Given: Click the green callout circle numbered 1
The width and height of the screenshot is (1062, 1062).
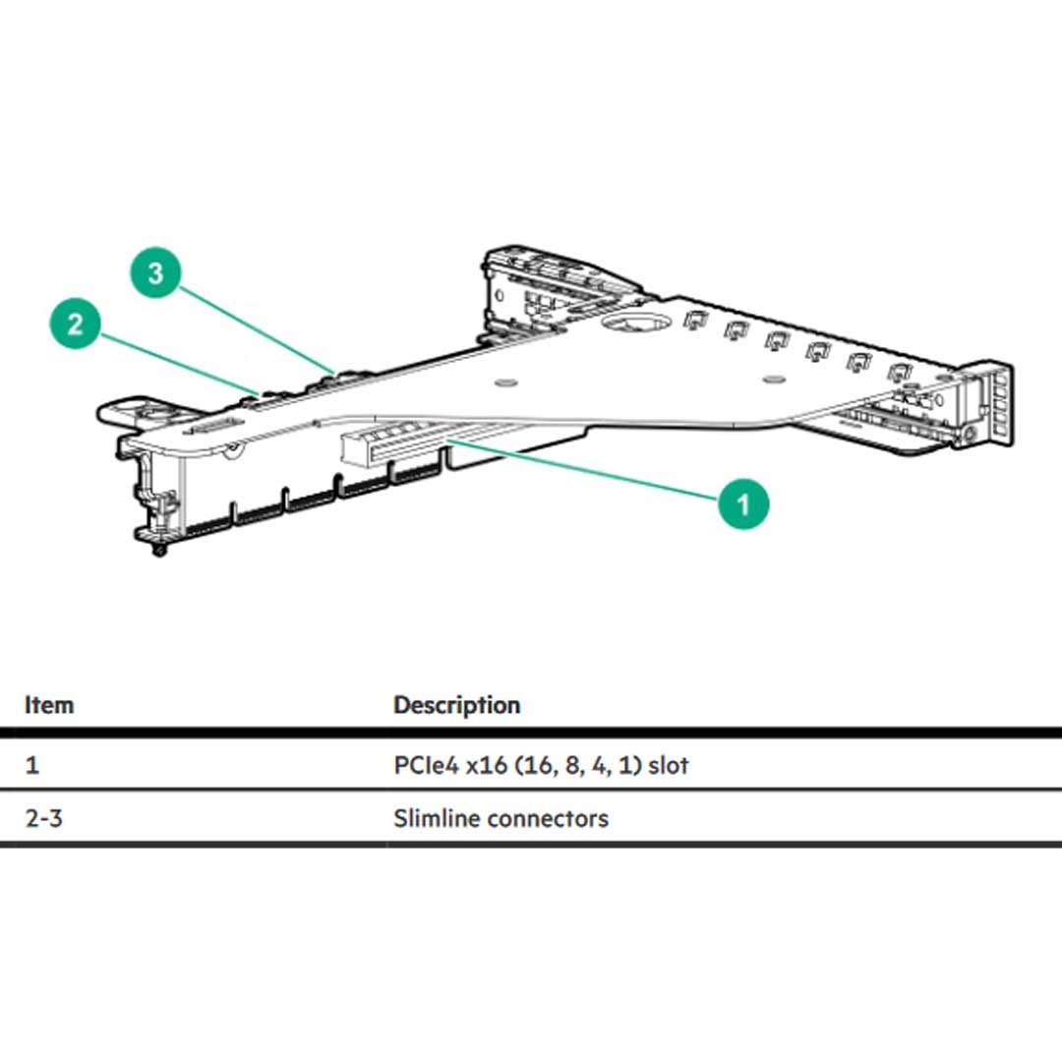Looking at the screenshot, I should coord(742,503).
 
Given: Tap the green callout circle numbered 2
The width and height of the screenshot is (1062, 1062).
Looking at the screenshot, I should coord(76,324).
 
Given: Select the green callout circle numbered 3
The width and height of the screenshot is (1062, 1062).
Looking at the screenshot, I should coord(156,272).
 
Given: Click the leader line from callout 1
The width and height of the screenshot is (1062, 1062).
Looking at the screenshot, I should coord(590,472).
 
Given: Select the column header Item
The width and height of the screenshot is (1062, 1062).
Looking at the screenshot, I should coord(49,705).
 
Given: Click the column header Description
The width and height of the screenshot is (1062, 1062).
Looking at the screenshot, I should coord(456,705).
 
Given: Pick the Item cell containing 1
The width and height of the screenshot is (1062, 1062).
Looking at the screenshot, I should coord(32,765).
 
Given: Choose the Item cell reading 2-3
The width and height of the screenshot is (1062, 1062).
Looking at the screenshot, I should coord(43,818).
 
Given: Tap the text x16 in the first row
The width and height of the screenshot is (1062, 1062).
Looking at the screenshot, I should coord(489,765).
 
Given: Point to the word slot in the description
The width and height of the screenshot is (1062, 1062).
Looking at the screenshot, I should coord(669,765).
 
